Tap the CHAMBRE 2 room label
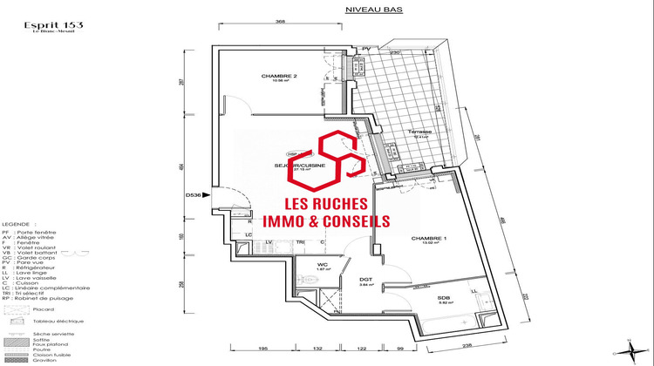[x=279, y=77]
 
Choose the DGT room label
[x=365, y=280]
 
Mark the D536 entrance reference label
[x=193, y=196]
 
